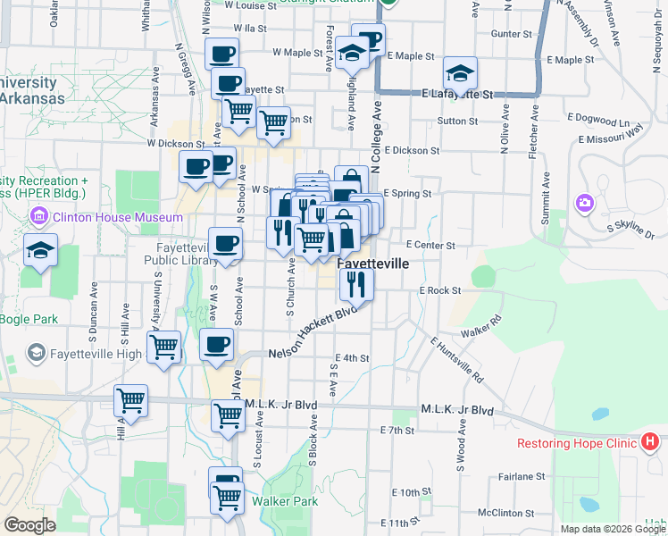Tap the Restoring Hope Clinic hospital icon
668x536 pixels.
[x=650, y=442]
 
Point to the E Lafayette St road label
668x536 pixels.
[x=458, y=93]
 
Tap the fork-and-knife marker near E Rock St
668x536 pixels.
[x=356, y=285]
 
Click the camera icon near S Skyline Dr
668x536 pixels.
[x=585, y=203]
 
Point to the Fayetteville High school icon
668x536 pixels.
[x=36, y=354]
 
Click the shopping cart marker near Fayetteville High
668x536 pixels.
[x=164, y=348]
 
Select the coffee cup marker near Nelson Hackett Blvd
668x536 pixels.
[x=215, y=346]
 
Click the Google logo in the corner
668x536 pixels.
[x=30, y=525]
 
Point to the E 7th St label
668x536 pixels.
[x=397, y=431]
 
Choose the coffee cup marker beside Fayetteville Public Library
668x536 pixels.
[x=226, y=243]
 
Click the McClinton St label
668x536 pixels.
[x=505, y=513]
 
